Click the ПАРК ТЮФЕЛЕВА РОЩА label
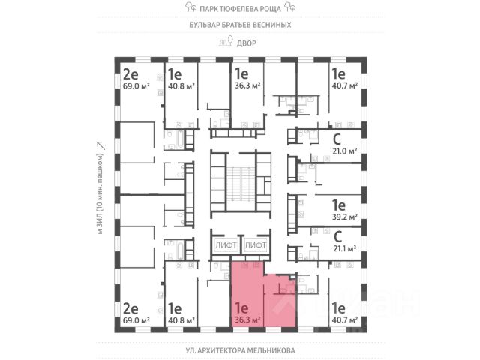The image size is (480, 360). pos(239,8)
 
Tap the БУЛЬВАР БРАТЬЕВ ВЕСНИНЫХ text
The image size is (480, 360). pos(239,25)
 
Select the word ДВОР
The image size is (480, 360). pos(246,43)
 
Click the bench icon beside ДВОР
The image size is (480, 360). pos(223,43)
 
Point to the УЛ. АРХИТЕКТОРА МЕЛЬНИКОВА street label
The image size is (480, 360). pos(239,350)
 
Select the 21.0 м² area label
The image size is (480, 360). pos(343,150)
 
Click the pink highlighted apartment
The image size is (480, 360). pos(259,296)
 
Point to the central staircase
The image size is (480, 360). pos(240,184)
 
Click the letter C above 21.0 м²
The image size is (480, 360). pos(337,138)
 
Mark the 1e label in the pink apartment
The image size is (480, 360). pos(241,307)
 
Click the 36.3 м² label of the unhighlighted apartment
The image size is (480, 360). pos(247,86)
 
